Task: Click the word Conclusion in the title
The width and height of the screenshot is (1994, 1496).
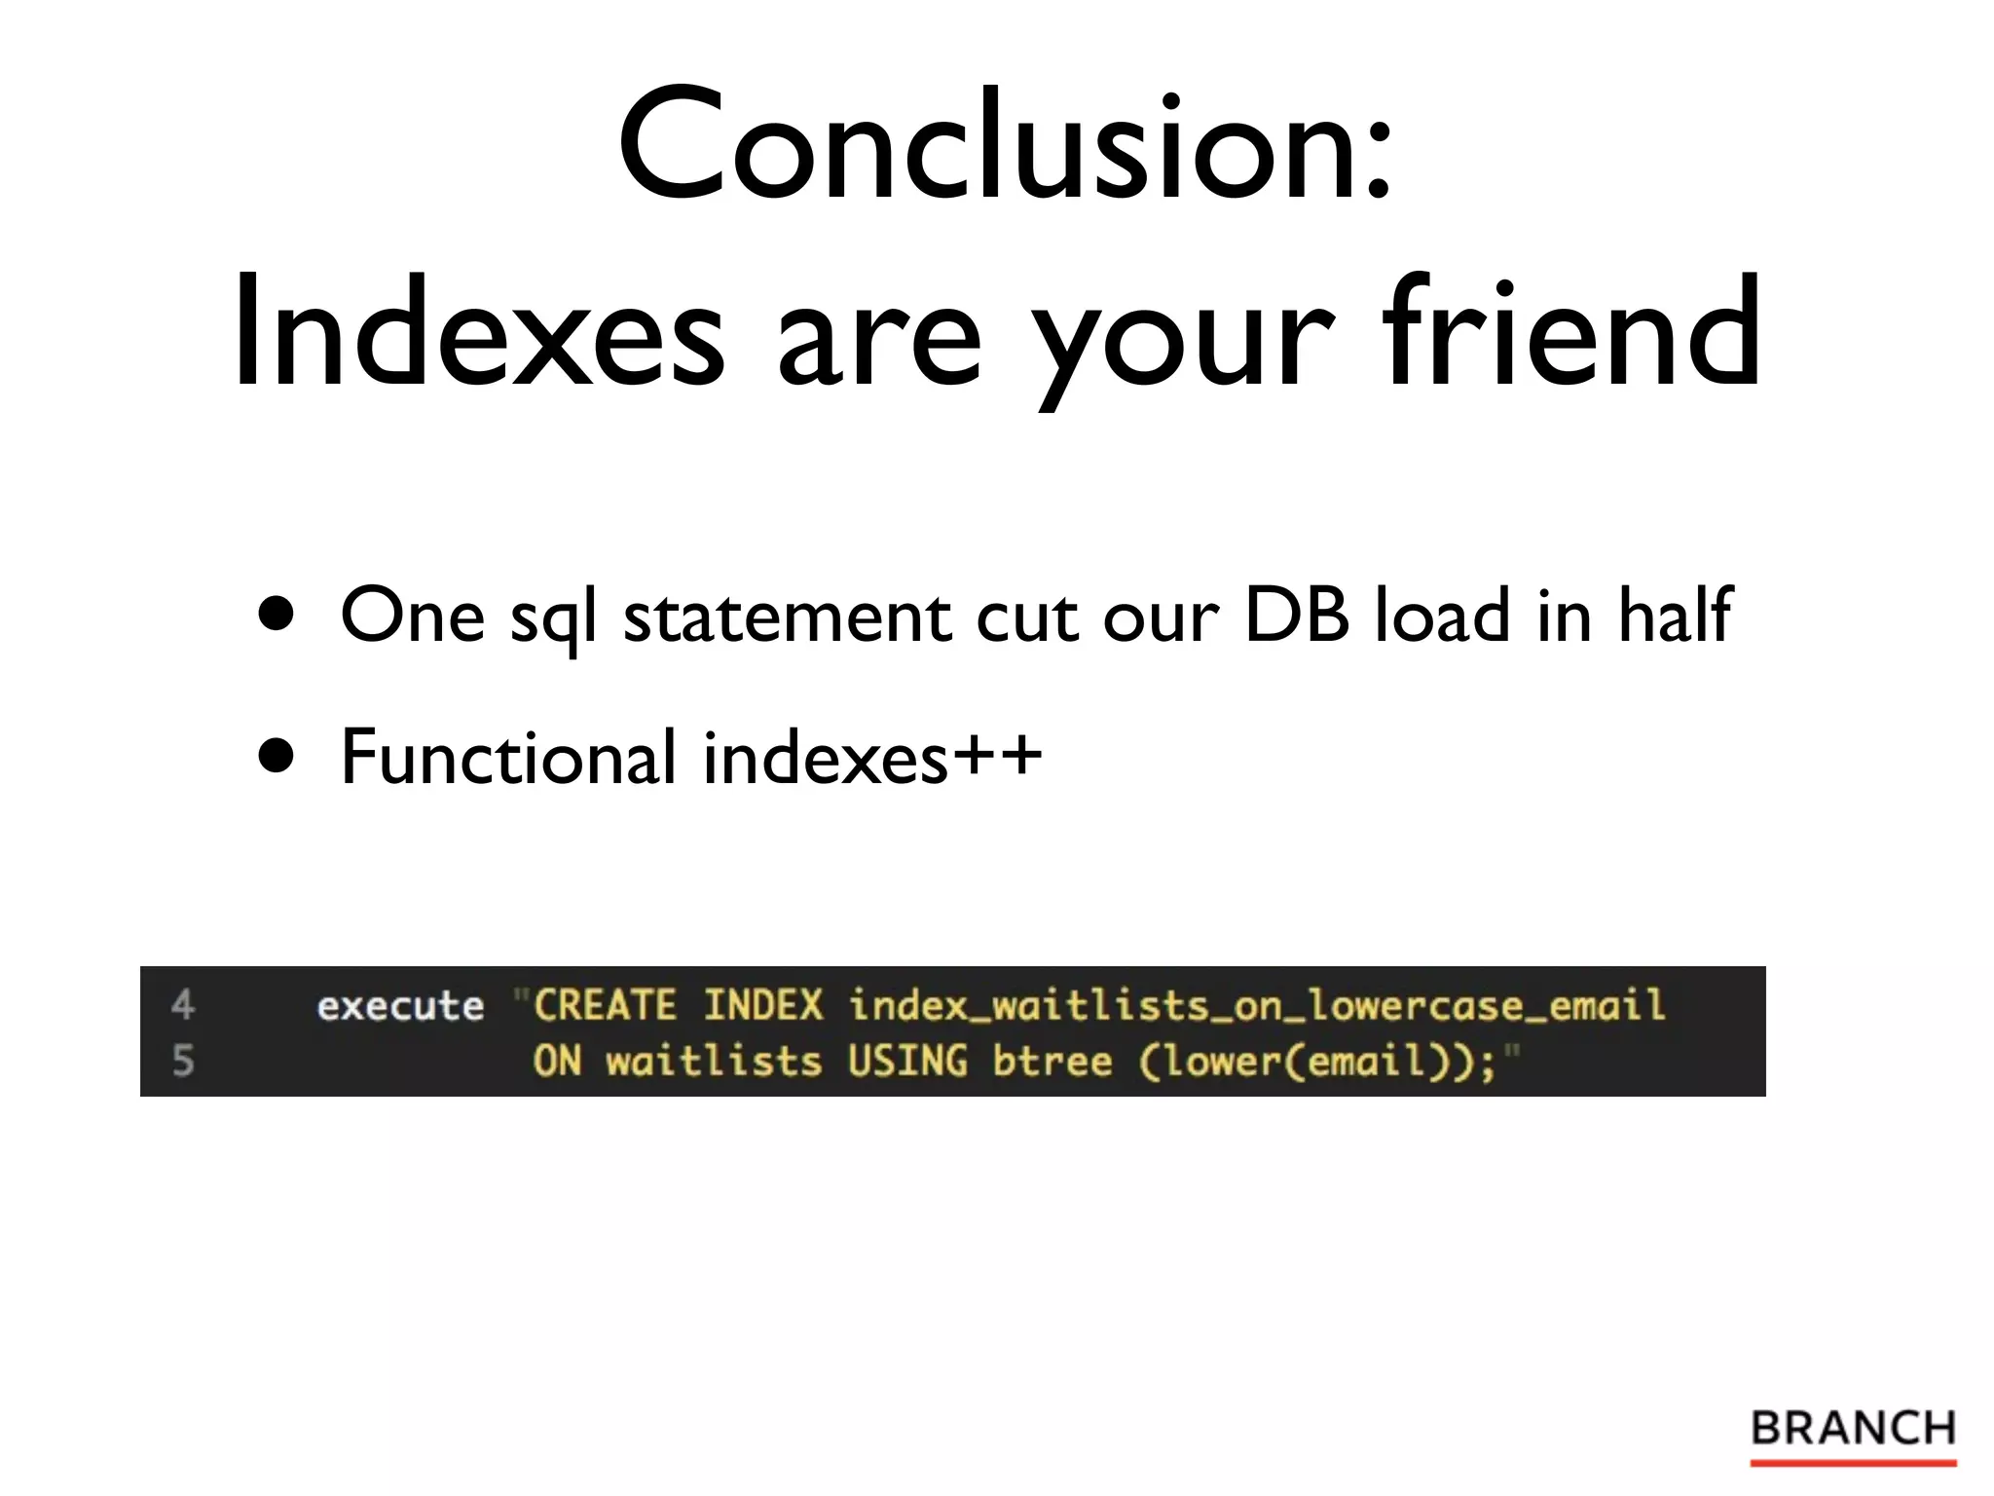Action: coord(993,146)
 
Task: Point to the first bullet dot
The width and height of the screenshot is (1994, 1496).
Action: coord(277,615)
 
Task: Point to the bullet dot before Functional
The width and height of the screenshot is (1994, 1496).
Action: coord(277,756)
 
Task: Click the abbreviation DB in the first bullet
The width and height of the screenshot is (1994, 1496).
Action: coord(1297,615)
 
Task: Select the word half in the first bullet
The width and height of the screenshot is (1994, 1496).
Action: coord(1675,615)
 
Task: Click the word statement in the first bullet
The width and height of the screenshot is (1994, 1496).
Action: coord(787,617)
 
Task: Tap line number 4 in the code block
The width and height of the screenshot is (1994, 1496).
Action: coord(183,1004)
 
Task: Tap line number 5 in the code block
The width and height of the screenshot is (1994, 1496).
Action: coord(183,1060)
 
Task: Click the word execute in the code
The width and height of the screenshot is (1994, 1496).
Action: coord(400,1005)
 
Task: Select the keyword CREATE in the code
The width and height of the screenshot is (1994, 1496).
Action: coord(605,1005)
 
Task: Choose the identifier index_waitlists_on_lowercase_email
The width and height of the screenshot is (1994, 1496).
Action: coord(1256,1005)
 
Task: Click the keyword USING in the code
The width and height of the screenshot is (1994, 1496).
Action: coord(907,1061)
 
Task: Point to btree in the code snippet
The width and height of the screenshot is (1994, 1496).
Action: coord(1052,1061)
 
